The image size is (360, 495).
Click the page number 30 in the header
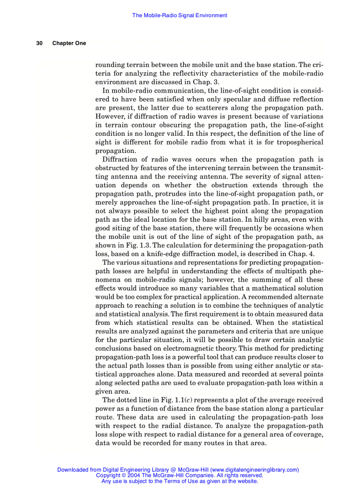pos(39,43)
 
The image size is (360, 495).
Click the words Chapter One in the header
pos(69,43)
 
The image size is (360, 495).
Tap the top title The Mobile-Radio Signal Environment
pos(180,15)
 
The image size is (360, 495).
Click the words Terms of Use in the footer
pos(174,481)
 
